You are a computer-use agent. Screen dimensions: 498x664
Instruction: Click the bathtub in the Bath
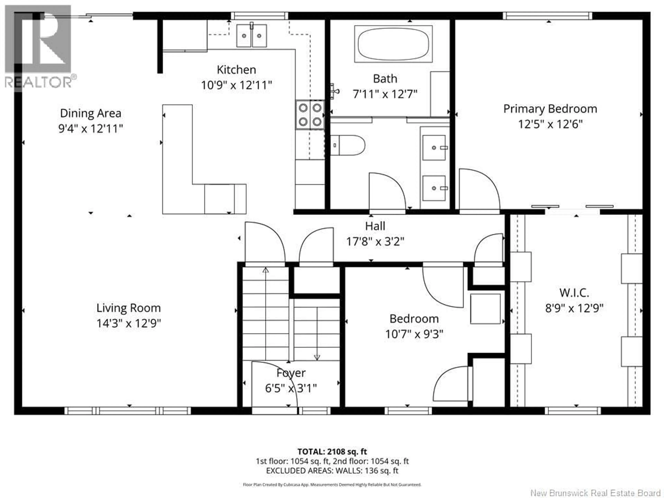click(393, 44)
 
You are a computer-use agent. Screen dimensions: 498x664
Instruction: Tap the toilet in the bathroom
click(348, 145)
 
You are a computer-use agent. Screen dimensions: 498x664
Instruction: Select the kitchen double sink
click(252, 36)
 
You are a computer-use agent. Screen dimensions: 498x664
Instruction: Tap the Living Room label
click(128, 308)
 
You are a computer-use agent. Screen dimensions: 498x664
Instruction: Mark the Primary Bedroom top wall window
click(547, 16)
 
